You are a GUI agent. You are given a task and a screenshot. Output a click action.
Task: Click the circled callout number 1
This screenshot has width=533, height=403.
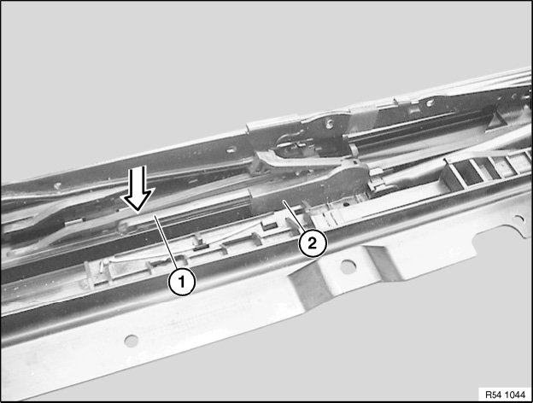182,282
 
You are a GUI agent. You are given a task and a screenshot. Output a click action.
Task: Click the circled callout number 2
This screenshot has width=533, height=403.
312,243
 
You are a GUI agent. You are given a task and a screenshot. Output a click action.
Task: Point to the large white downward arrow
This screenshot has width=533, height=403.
138,188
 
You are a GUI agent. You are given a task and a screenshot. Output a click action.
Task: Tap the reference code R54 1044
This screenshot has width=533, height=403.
505,394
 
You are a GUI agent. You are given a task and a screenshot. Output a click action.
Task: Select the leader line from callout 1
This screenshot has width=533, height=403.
167,242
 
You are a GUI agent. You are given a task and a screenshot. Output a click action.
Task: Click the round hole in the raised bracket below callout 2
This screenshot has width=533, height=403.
348,266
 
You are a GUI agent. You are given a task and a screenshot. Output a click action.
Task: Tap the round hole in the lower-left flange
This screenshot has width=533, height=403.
132,341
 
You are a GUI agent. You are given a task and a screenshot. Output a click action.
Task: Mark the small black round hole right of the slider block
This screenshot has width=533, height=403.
346,205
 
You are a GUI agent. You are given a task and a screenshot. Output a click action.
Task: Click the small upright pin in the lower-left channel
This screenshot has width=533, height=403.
102,266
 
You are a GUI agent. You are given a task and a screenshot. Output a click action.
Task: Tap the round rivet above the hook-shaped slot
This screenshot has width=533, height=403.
329,123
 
